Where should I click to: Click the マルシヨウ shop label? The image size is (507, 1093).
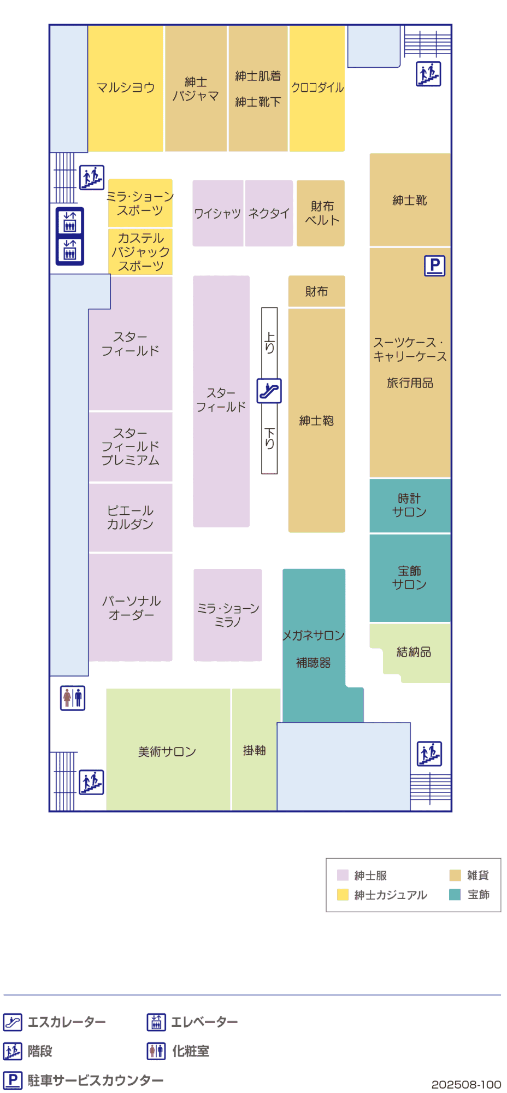126,87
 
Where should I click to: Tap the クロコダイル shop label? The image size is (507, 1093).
317,87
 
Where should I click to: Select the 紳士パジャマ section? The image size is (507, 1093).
196,89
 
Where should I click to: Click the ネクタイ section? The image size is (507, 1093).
269,213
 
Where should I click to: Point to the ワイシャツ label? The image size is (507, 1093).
217,213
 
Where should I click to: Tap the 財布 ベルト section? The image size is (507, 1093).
321,213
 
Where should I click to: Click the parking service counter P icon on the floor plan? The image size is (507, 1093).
435,266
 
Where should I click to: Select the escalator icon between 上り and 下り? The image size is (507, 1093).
269,391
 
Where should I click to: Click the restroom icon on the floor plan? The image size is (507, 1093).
73,698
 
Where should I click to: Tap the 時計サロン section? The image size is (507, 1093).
410,506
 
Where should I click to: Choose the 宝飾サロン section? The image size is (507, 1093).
410,578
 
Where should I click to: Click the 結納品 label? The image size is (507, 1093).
414,652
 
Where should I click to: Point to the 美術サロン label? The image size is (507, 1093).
167,752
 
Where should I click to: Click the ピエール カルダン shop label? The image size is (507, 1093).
130,517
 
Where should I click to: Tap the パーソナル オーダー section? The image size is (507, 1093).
131,607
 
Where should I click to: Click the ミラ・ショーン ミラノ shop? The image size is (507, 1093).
228,615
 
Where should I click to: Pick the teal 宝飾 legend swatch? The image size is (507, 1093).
455,895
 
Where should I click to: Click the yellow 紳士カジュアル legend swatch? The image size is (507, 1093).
343,895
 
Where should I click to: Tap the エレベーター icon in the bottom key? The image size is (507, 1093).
156,1022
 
